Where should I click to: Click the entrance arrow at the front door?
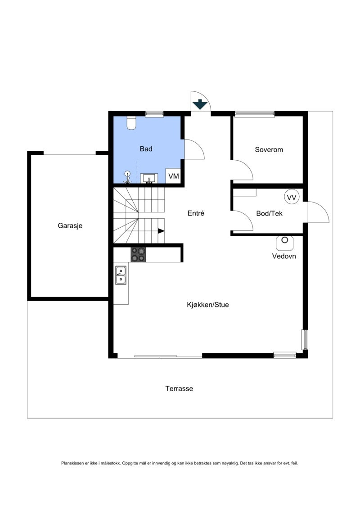click(x=199, y=104)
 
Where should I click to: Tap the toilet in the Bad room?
click(x=131, y=122)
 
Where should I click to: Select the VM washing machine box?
click(x=173, y=176)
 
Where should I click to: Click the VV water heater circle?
click(x=292, y=197)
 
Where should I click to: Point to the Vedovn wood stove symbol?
click(x=284, y=243)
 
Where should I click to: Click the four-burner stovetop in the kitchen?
click(x=138, y=254)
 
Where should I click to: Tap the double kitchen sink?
click(x=121, y=275)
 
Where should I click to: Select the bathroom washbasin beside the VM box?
click(x=149, y=179)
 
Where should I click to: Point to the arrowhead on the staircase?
click(x=161, y=231)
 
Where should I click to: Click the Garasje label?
click(x=70, y=226)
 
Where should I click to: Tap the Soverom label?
click(x=269, y=149)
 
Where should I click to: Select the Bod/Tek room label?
click(x=269, y=213)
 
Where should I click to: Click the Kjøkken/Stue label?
click(x=207, y=305)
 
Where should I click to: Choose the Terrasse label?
click(x=179, y=388)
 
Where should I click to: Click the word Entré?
click(x=196, y=213)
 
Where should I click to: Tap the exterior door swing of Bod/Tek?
click(x=319, y=212)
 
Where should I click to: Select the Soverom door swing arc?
click(x=243, y=170)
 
